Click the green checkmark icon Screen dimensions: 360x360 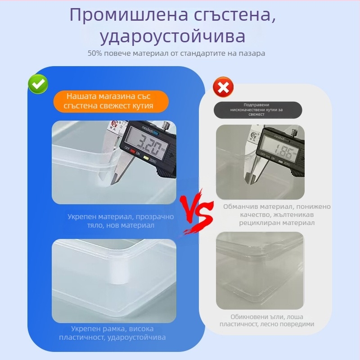click(x=38, y=84)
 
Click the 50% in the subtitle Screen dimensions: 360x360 click(x=95, y=53)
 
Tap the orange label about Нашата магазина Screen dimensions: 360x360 click(x=111, y=101)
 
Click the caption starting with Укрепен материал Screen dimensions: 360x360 click(x=121, y=220)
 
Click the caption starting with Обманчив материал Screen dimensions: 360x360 click(x=277, y=214)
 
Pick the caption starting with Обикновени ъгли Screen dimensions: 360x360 click(x=267, y=320)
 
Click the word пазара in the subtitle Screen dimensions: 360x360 click(x=252, y=53)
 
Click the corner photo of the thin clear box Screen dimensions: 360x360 click(x=260, y=270)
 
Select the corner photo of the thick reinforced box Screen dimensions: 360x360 click(x=113, y=280)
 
